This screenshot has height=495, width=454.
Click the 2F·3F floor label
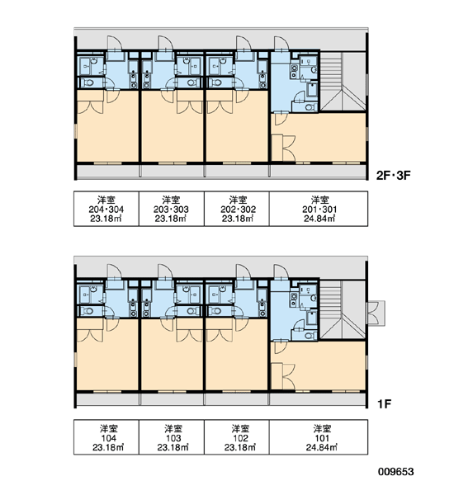coord(393,175)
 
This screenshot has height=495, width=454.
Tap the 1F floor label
coord(385,403)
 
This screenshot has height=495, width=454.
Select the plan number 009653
coord(396,472)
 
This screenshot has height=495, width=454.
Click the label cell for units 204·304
coord(106,209)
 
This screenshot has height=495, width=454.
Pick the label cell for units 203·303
coord(172,209)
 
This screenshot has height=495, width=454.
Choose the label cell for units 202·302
coord(237,209)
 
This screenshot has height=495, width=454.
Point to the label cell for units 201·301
coord(319,209)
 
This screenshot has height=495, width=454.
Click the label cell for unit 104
coord(106,437)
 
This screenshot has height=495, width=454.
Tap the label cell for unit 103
coord(172,437)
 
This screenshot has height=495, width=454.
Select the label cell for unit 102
coord(237,437)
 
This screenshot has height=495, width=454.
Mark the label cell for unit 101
coord(319,437)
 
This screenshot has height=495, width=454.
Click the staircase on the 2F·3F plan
coord(343,81)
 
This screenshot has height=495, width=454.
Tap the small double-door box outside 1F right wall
coord(376,313)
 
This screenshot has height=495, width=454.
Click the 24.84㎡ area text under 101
coord(322,447)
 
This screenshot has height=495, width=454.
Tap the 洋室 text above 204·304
coord(106,200)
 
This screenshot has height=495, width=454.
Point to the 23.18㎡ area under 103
coord(173,447)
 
